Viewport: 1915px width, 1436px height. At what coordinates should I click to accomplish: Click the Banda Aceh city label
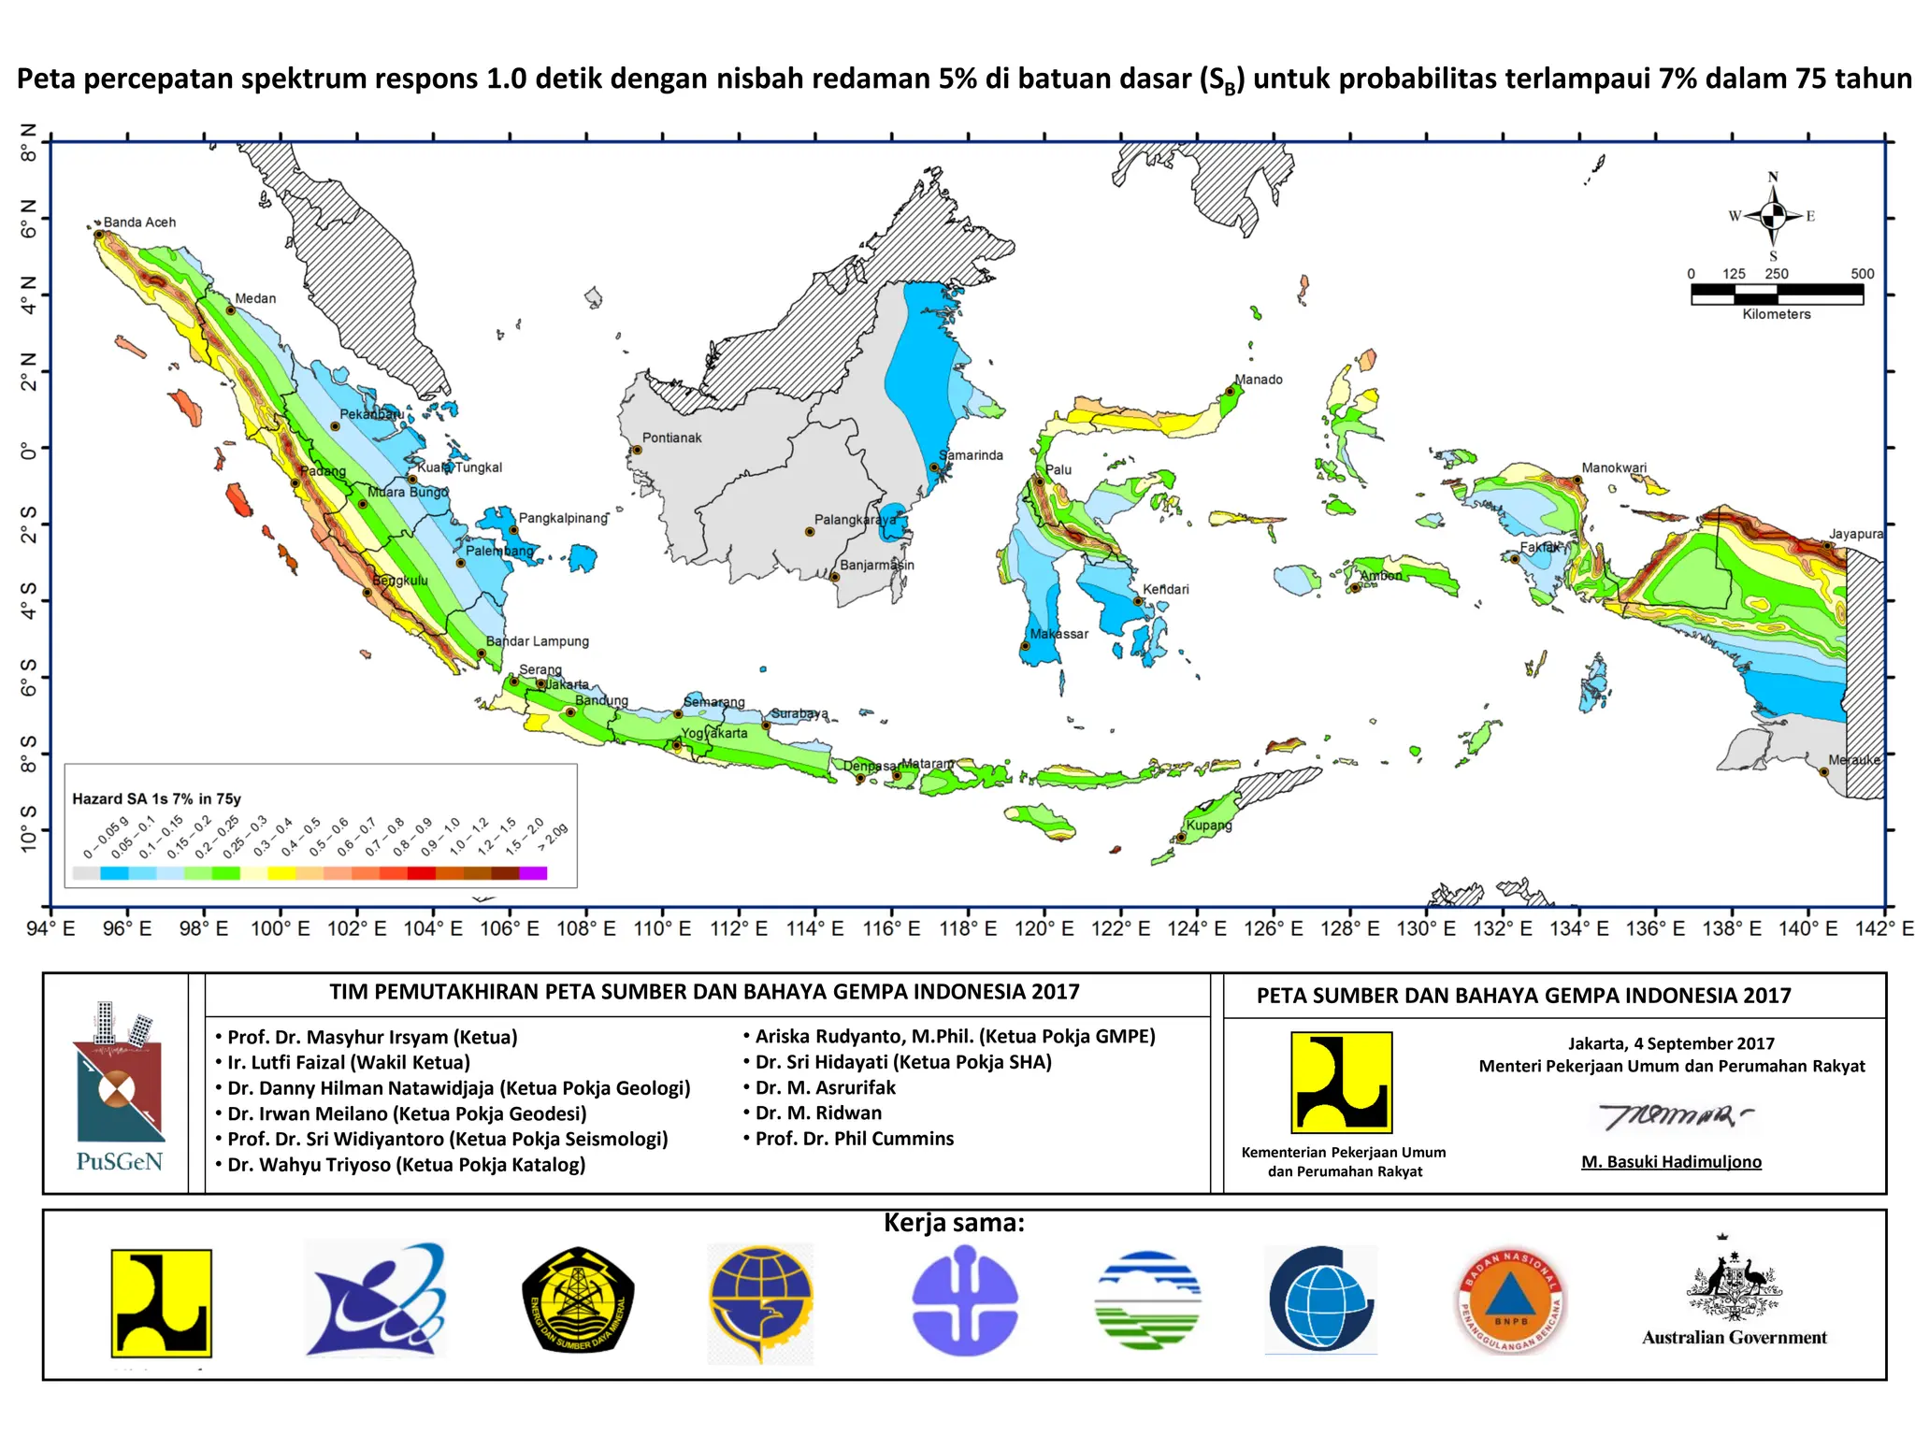pos(139,223)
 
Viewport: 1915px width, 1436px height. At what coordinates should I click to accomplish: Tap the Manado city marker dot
pos(1230,392)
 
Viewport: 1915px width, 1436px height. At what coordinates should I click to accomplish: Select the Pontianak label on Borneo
pos(671,438)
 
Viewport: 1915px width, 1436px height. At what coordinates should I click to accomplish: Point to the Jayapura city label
pos(1855,534)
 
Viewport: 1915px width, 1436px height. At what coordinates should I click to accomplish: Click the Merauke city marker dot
pos(1823,772)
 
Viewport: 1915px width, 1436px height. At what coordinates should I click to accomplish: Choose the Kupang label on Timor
pos(1209,826)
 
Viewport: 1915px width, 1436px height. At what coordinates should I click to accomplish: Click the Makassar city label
pos(1058,634)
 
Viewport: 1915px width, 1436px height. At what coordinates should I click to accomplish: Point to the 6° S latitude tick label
pos(29,677)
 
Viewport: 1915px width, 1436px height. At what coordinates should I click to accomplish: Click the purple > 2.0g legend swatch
pos(533,873)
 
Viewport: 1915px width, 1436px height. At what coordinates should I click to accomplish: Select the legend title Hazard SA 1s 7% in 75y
pos(156,798)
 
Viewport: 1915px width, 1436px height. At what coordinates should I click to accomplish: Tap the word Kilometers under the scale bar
pos(1776,314)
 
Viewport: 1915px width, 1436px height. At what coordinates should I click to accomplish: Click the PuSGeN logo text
pos(119,1162)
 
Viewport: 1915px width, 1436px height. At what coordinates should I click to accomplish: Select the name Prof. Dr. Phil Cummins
pos(854,1139)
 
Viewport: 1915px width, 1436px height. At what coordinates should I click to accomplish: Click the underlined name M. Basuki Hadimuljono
pos(1671,1162)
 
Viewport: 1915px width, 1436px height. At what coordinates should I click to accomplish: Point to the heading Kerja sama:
pos(954,1223)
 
